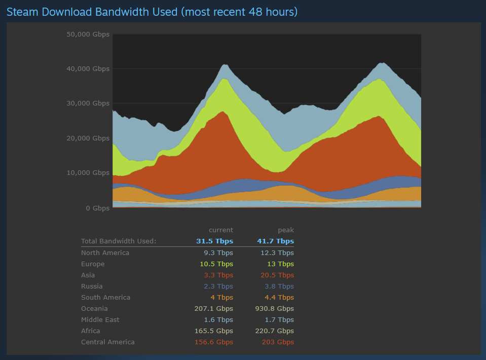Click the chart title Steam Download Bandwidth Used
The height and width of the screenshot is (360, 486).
click(152, 11)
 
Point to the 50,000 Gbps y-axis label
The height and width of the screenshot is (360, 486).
click(88, 34)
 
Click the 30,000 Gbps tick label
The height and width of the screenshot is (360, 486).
click(88, 103)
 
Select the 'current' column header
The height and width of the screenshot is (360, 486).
click(221, 230)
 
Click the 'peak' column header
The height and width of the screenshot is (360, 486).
click(286, 230)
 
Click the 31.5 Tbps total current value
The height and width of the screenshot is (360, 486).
click(215, 241)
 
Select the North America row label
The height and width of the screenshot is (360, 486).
click(105, 253)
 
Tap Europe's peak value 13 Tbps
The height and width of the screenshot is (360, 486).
click(282, 264)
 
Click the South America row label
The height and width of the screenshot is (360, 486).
click(105, 297)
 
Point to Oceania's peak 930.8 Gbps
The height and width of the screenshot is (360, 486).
click(274, 308)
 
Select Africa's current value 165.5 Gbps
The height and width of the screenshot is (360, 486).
click(214, 331)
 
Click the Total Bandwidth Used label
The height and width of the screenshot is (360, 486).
click(119, 241)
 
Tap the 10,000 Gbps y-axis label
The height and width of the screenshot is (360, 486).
click(88, 173)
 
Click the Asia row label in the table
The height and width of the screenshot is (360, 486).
click(88, 275)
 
